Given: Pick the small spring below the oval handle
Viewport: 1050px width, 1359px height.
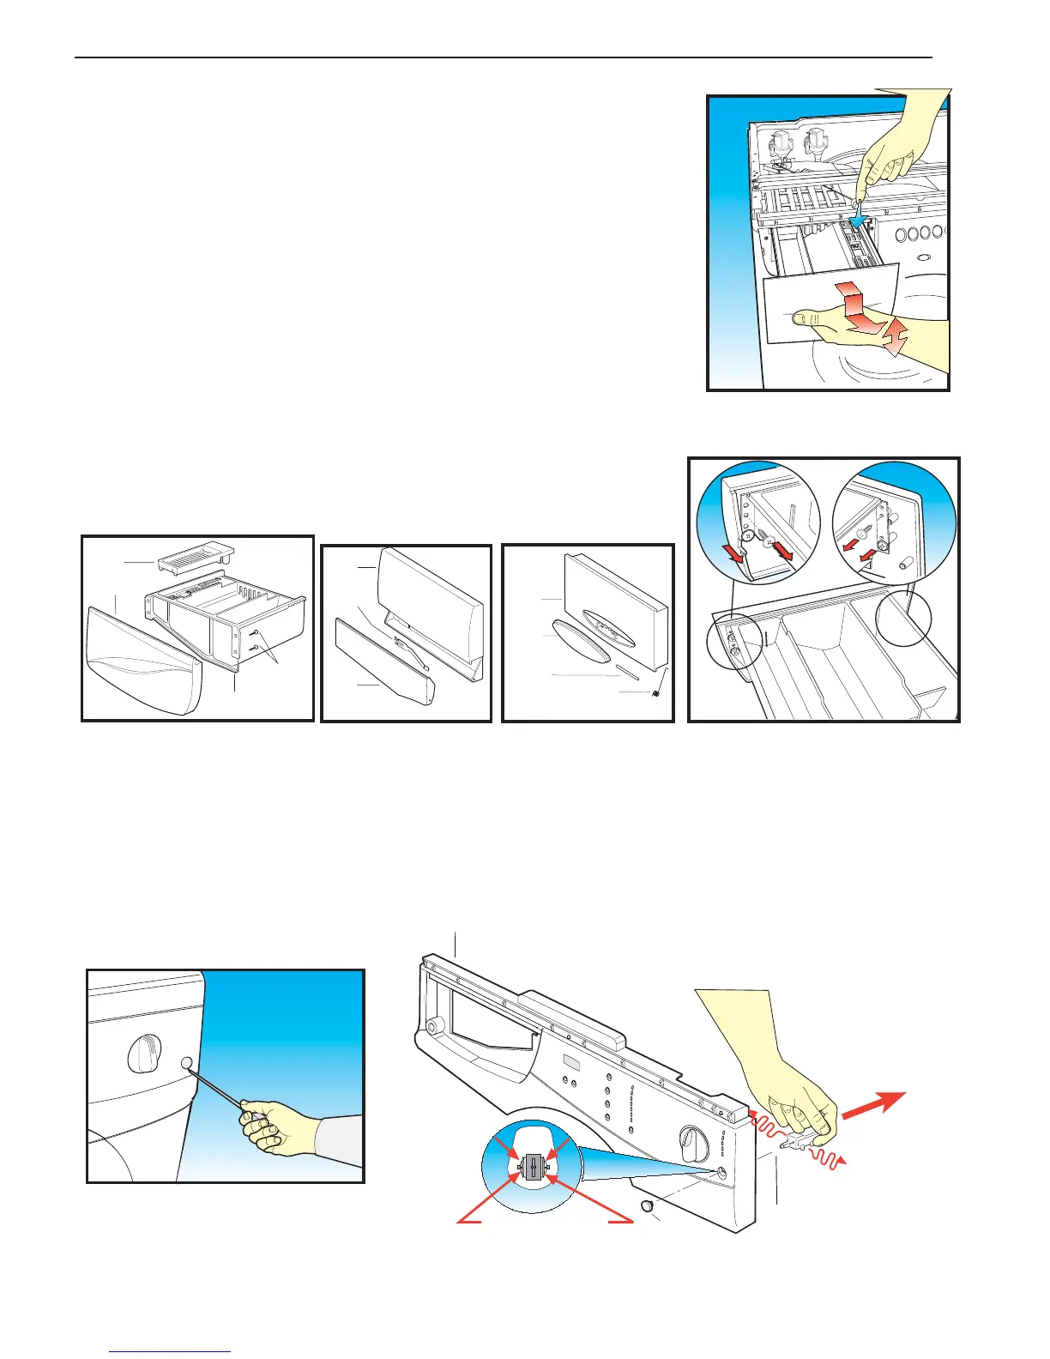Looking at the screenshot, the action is coord(656,693).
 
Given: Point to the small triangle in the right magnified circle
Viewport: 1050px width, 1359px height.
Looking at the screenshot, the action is coord(868,564).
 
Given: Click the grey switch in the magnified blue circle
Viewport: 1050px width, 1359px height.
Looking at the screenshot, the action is coord(533,1168).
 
